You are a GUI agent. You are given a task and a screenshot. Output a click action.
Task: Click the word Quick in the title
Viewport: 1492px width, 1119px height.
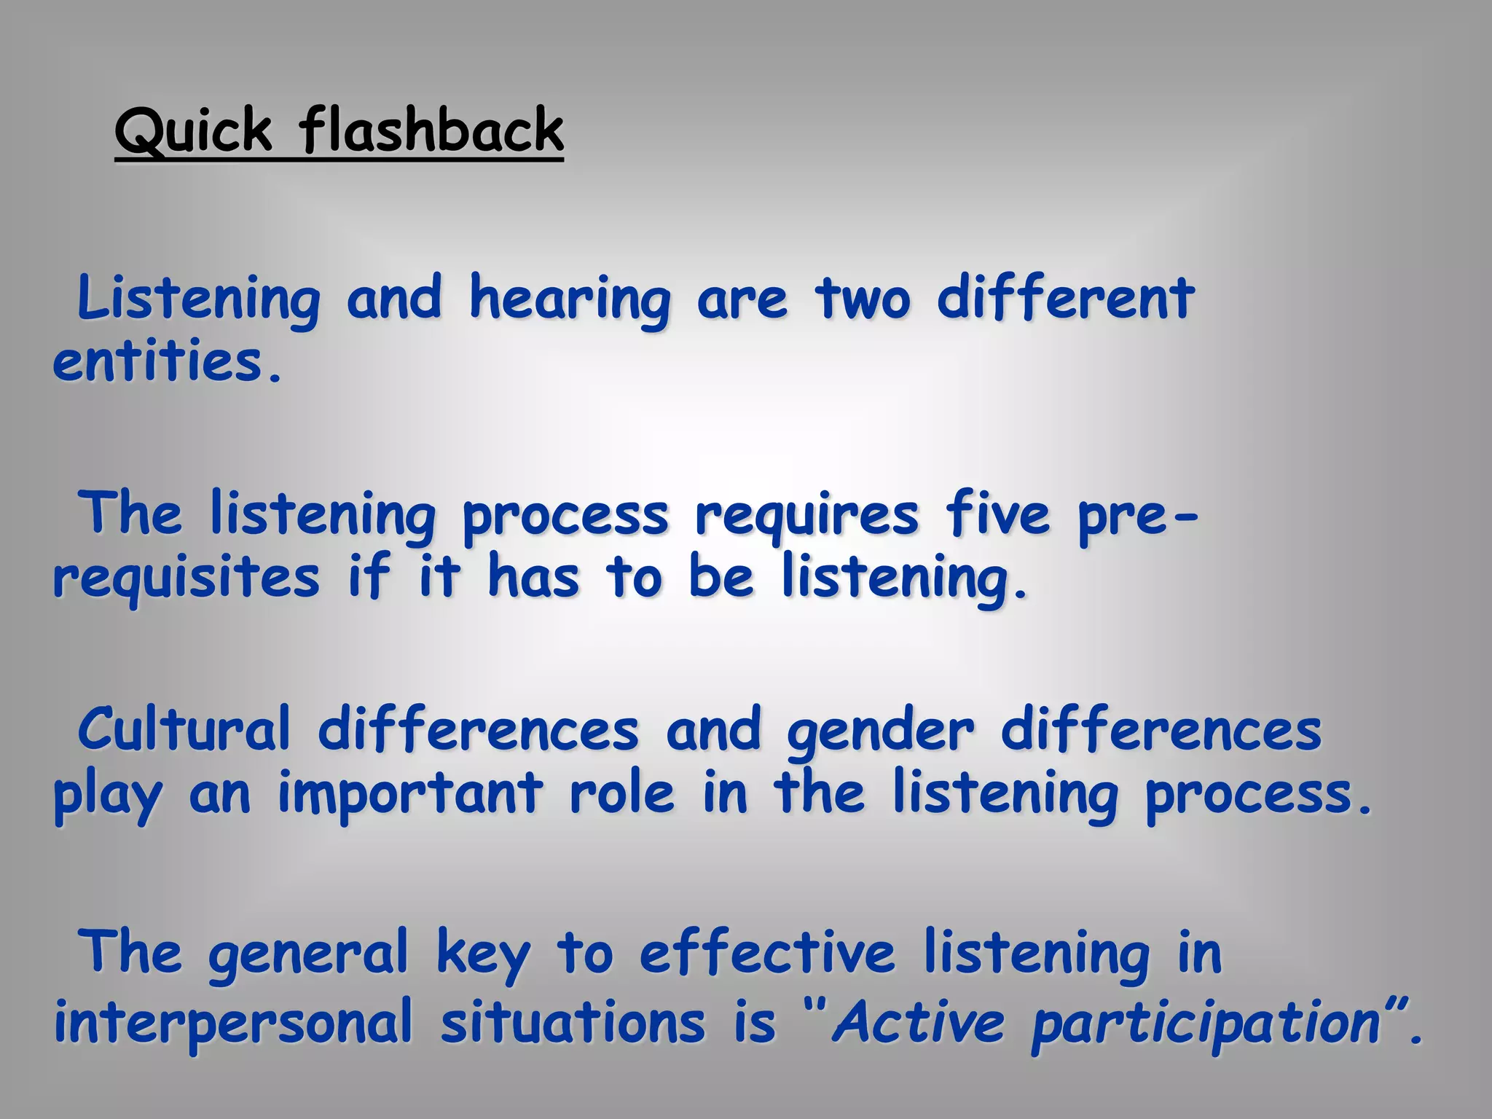(193, 131)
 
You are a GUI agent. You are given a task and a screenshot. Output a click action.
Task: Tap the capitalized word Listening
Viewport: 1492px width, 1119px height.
(198, 299)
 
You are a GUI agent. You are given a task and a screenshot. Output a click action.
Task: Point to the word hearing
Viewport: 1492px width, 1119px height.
(570, 299)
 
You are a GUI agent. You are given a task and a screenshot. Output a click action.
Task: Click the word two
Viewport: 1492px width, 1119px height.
(863, 299)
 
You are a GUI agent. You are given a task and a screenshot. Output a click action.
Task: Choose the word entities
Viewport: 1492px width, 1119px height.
(166, 362)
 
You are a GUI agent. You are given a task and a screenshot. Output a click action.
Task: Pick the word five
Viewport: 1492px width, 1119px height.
(997, 514)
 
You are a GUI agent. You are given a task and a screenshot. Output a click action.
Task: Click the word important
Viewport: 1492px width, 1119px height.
(410, 794)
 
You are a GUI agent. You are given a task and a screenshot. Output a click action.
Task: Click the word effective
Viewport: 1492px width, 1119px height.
(767, 953)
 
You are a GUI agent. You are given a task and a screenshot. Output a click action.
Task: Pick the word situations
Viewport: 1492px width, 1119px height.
(573, 1021)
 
